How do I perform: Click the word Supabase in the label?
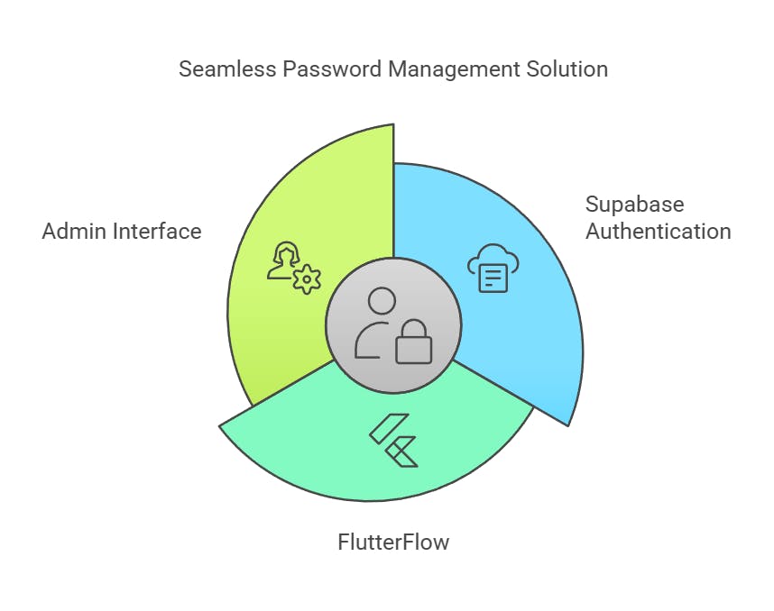[x=634, y=204]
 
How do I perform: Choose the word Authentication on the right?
[x=658, y=231]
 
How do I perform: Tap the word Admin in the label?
[x=75, y=232]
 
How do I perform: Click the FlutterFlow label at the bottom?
[x=392, y=543]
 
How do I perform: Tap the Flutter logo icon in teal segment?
[x=394, y=439]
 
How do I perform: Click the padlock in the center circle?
[x=414, y=342]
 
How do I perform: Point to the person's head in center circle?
[x=382, y=302]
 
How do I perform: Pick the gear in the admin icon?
[x=308, y=279]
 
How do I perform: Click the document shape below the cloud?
[x=493, y=278]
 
